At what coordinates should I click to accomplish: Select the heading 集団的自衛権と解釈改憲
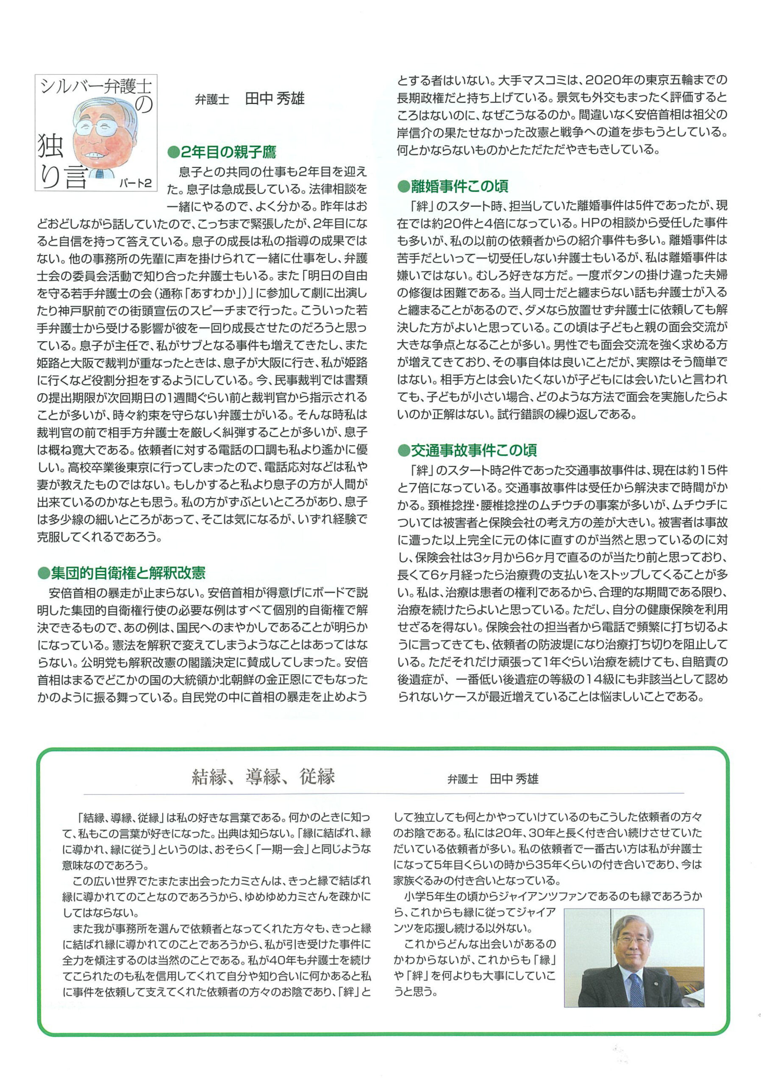128,573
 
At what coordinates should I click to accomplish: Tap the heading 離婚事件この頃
459,186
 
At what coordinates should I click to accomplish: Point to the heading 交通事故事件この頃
473,450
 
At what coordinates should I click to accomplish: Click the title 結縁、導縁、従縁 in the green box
263,777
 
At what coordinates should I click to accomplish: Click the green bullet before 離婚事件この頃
403,186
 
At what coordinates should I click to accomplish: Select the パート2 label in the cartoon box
135,183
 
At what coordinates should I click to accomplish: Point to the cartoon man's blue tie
99,173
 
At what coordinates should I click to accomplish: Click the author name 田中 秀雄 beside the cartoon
275,99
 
